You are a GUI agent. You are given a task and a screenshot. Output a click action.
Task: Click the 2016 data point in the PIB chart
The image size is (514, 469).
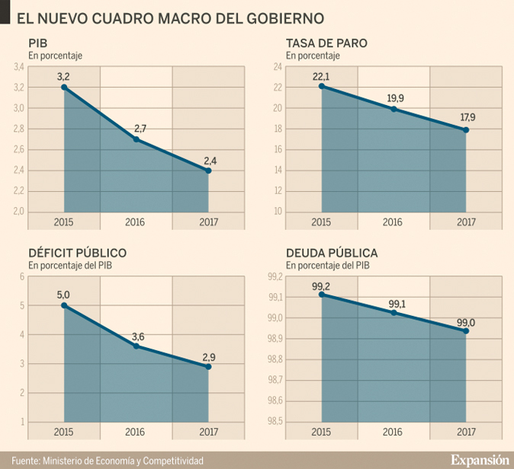pyautogui.click(x=136, y=139)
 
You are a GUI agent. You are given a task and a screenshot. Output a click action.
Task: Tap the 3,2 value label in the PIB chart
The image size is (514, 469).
pyautogui.click(x=63, y=76)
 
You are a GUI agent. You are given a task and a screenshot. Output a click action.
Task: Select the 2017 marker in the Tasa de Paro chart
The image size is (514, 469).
pyautogui.click(x=466, y=130)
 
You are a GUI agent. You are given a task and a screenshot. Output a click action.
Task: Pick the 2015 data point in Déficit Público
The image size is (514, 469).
pyautogui.click(x=64, y=305)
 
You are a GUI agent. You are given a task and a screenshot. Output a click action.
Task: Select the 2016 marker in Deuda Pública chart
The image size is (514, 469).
pyautogui.click(x=394, y=312)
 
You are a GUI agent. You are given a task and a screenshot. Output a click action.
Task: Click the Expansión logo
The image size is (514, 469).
pyautogui.click(x=479, y=460)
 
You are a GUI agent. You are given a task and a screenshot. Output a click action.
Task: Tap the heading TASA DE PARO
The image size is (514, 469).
pyautogui.click(x=326, y=43)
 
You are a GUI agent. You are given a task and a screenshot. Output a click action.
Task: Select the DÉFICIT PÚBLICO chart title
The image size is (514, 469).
pyautogui.click(x=78, y=253)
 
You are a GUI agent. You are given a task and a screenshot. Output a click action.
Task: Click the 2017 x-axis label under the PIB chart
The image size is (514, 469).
pyautogui.click(x=208, y=222)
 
